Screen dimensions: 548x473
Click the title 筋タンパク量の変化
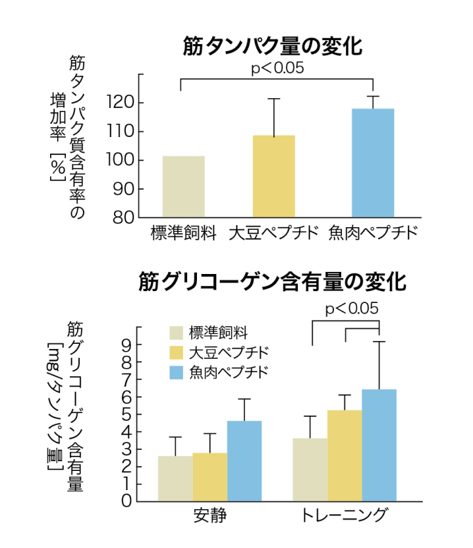click(x=273, y=46)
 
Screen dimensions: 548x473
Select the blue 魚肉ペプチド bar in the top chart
click(x=373, y=163)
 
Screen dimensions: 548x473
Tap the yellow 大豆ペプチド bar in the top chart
click(x=273, y=177)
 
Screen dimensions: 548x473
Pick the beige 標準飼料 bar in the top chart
click(x=184, y=187)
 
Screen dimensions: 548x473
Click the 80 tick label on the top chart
click(x=125, y=217)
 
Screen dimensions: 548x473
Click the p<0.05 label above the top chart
click(x=277, y=68)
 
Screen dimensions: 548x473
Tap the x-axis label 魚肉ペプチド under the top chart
click(x=373, y=234)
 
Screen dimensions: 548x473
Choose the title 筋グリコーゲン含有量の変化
click(x=273, y=282)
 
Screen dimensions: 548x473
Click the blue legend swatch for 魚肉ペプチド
click(x=176, y=371)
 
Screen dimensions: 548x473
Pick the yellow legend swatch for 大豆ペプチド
click(x=176, y=351)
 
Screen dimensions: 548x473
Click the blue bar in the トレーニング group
click(x=379, y=445)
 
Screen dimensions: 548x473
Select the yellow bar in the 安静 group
click(x=209, y=477)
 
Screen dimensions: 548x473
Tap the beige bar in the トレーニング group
click(x=310, y=470)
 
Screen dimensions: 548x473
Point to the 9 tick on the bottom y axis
click(x=126, y=344)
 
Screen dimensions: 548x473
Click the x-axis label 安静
click(x=210, y=516)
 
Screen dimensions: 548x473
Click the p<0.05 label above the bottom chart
click(x=352, y=308)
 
